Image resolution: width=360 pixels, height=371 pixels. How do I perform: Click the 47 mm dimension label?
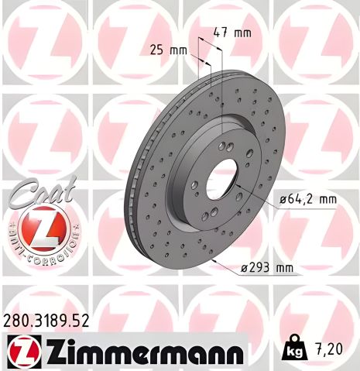pyautogui.click(x=231, y=33)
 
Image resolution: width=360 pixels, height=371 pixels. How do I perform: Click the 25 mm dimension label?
pyautogui.click(x=168, y=51)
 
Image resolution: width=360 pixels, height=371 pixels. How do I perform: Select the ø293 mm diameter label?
pyautogui.click(x=267, y=269)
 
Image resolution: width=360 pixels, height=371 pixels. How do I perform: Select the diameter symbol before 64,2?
pyautogui.click(x=283, y=199)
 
